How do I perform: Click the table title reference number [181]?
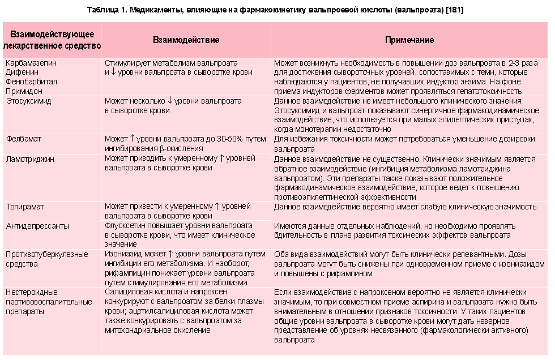pos(454,11)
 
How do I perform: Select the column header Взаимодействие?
pos(186,40)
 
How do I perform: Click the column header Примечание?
pos(409,40)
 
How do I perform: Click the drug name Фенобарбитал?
pos(27,81)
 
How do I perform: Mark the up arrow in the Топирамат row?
pos(216,207)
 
